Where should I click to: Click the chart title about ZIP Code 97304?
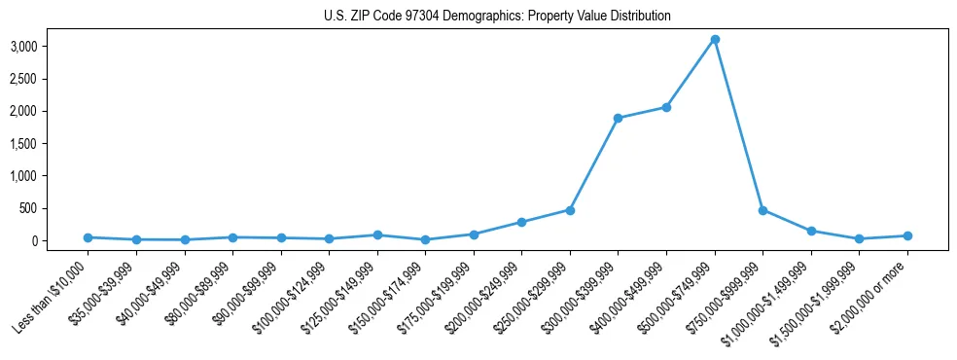(x=497, y=17)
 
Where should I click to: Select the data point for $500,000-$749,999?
(x=715, y=39)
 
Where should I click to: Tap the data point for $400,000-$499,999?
(x=666, y=107)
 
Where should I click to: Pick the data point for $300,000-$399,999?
(x=618, y=119)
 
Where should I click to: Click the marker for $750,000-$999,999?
(x=762, y=210)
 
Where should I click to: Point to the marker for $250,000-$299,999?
(x=570, y=210)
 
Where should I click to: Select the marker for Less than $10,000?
(x=88, y=237)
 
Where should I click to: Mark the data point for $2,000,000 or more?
(x=907, y=235)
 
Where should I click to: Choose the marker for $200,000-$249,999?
(x=521, y=222)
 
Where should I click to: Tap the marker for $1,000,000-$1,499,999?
(x=811, y=231)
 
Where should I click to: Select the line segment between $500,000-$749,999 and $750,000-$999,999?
(x=739, y=125)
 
